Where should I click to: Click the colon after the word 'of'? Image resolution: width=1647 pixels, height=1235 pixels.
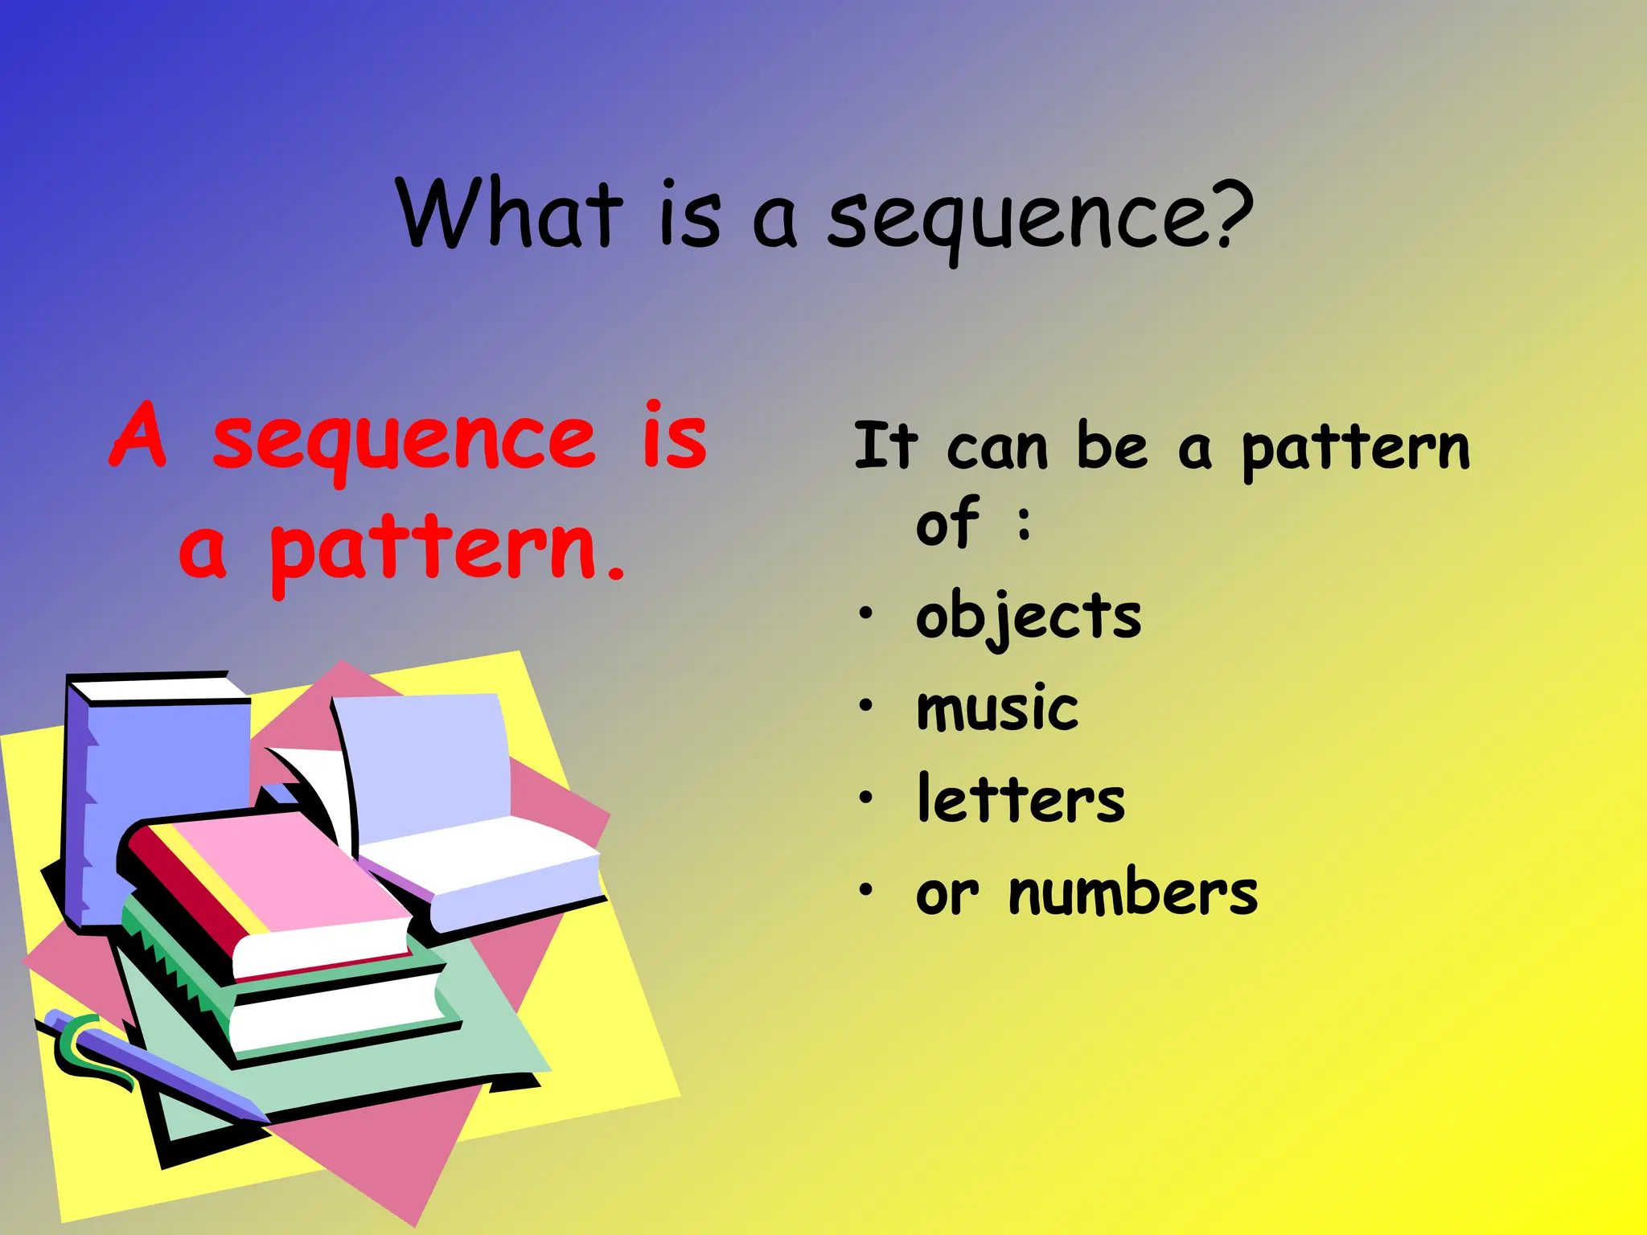click(x=1024, y=523)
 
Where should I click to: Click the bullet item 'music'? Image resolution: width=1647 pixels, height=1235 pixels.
click(x=997, y=708)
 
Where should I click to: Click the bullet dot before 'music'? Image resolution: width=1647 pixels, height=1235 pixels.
click(x=865, y=706)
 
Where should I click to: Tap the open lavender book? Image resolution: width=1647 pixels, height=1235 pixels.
click(x=450, y=796)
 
